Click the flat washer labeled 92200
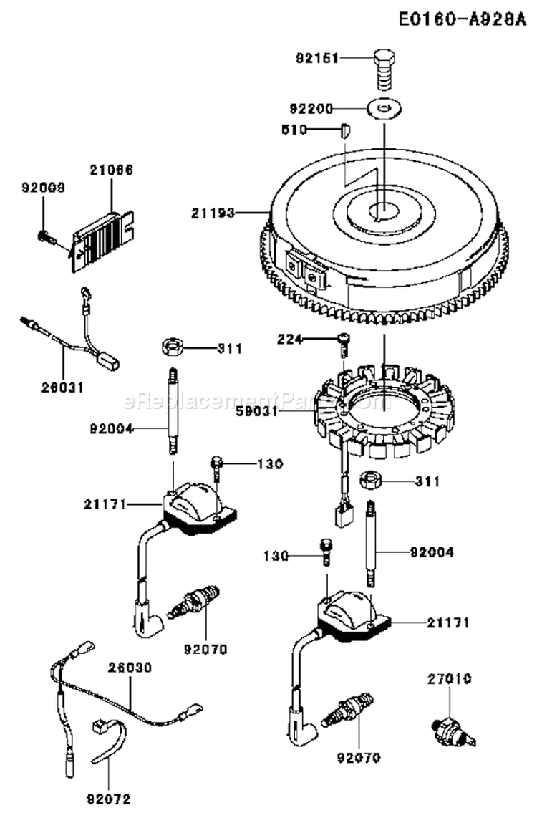(x=384, y=109)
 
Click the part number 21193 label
(x=213, y=213)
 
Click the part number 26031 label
(x=62, y=387)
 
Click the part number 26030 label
(x=130, y=667)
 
